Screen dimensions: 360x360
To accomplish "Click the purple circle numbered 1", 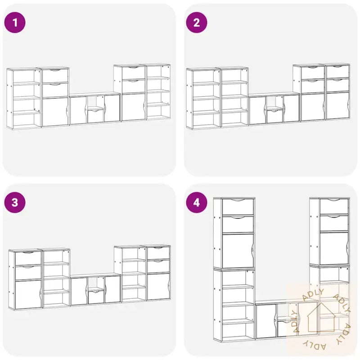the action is click(x=15, y=22).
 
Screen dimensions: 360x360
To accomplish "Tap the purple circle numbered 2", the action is click(x=197, y=22).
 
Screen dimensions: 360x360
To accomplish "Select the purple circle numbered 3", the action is click(x=15, y=202).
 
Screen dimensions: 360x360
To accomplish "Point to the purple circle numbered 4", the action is click(x=197, y=202).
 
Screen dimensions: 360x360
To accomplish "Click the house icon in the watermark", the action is click(x=321, y=318).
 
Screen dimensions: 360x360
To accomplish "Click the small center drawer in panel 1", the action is click(x=95, y=117).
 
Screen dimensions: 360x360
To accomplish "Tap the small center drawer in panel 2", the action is click(x=275, y=117).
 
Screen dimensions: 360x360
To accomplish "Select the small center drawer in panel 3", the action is click(x=96, y=297).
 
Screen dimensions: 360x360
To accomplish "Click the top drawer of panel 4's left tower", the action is click(x=238, y=207).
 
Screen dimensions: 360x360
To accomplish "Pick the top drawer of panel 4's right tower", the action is click(x=334, y=207).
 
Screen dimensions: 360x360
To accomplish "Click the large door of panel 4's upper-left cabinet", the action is click(x=238, y=251).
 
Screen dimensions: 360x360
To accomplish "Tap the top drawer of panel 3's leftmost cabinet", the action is click(x=28, y=258).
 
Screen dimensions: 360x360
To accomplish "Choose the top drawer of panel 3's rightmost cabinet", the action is click(x=158, y=253).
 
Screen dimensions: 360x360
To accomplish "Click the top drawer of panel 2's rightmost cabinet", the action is click(x=337, y=72).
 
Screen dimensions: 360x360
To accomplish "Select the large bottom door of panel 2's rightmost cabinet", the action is click(x=337, y=106).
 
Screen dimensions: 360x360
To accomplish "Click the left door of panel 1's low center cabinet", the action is click(x=78, y=110).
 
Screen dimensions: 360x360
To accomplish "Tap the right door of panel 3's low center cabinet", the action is click(x=113, y=289).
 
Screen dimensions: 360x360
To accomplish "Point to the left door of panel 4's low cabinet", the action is click(x=266, y=321).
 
